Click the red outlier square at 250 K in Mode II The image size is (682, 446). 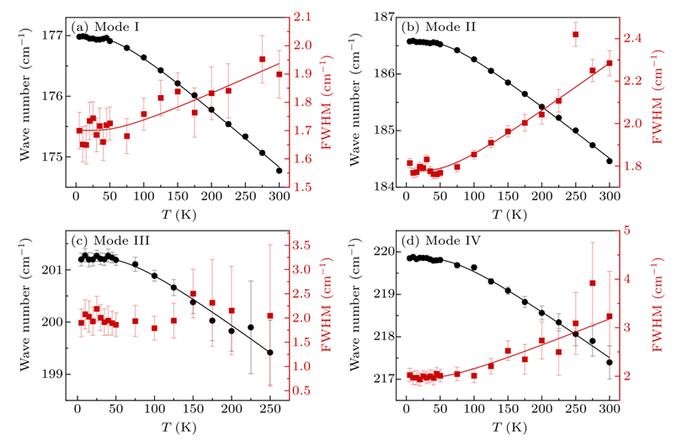click(576, 35)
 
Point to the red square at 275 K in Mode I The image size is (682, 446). click(263, 59)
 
